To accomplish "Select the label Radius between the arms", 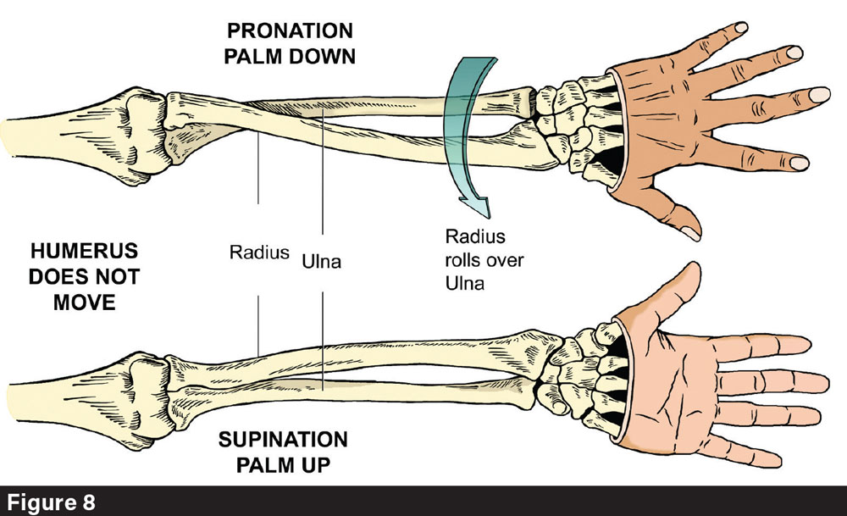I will point(259,252).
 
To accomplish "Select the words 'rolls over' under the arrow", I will point(484,260).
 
